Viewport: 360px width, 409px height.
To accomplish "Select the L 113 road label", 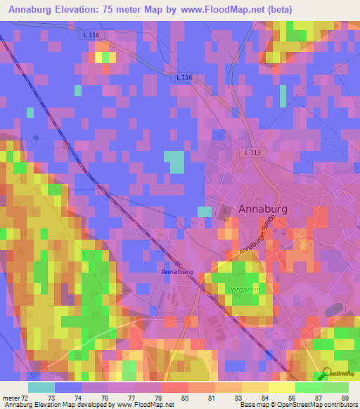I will (x=254, y=153).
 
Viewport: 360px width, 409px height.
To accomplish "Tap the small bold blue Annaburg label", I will (x=176, y=271).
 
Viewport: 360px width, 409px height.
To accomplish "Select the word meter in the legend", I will (x=11, y=398).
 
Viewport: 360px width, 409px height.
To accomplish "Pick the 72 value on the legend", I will (x=27, y=398).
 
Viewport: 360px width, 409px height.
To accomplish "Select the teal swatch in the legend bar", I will (x=41, y=387).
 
